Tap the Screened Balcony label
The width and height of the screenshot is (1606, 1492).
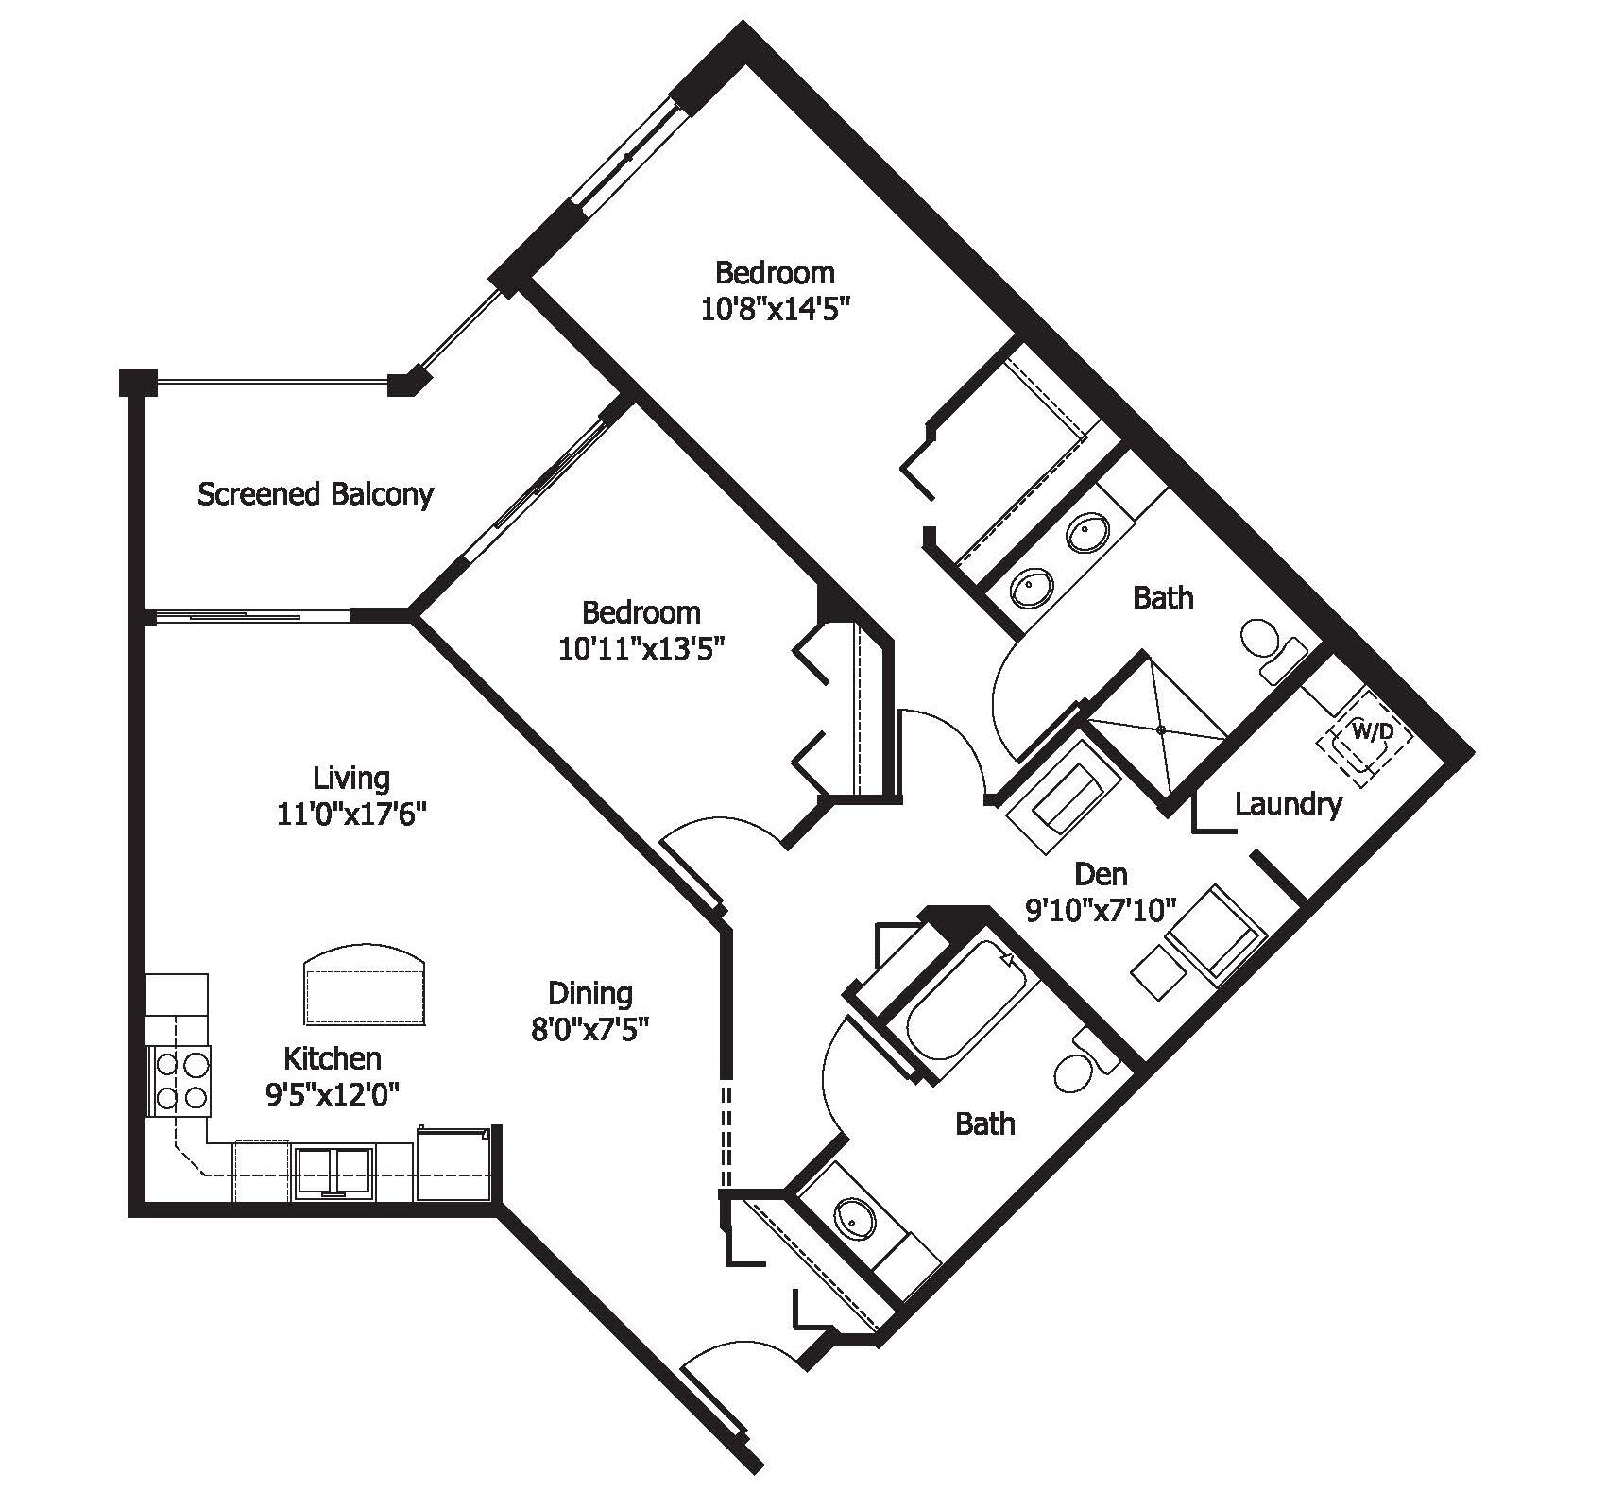[x=315, y=494]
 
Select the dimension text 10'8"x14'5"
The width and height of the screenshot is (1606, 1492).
[x=770, y=311]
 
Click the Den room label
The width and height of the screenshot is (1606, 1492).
[x=1101, y=873]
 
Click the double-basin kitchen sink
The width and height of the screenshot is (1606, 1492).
[x=333, y=1172]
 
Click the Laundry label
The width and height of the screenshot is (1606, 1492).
[x=1288, y=805]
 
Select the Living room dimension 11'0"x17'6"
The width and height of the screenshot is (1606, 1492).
[x=352, y=815]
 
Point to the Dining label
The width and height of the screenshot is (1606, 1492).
[x=590, y=993]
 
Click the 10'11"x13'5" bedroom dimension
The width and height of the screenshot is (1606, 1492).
[x=641, y=650]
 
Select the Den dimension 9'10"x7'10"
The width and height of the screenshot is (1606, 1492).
[x=1101, y=910]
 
